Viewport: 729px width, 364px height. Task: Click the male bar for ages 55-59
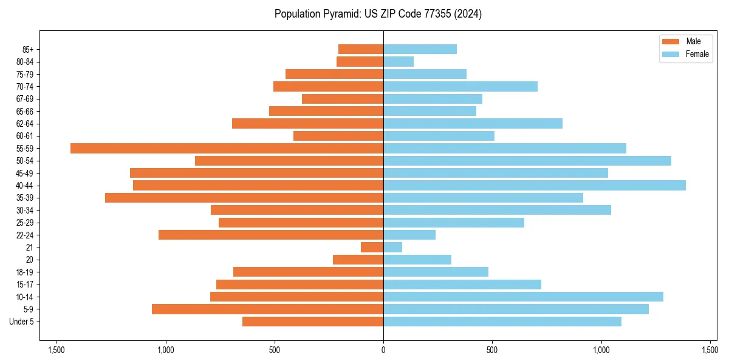(x=227, y=148)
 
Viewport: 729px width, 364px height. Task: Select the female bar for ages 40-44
(x=535, y=185)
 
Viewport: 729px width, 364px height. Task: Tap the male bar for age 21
(x=372, y=247)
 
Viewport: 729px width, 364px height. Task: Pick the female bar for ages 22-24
(x=409, y=235)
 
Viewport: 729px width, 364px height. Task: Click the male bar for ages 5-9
(x=267, y=309)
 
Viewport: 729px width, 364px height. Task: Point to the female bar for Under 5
(x=502, y=322)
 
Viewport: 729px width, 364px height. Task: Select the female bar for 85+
(x=420, y=49)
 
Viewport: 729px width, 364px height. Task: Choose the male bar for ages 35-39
(x=244, y=198)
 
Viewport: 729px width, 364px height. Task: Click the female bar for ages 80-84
(x=399, y=61)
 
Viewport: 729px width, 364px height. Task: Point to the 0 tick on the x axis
(x=383, y=350)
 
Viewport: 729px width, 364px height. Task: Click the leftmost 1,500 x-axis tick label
(x=56, y=350)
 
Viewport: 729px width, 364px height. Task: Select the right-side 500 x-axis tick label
(x=492, y=350)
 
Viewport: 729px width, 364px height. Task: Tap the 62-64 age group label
(x=26, y=124)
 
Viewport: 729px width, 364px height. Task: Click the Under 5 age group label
(x=22, y=322)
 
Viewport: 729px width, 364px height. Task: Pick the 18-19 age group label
(x=26, y=272)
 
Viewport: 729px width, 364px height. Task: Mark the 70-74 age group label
(x=26, y=86)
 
